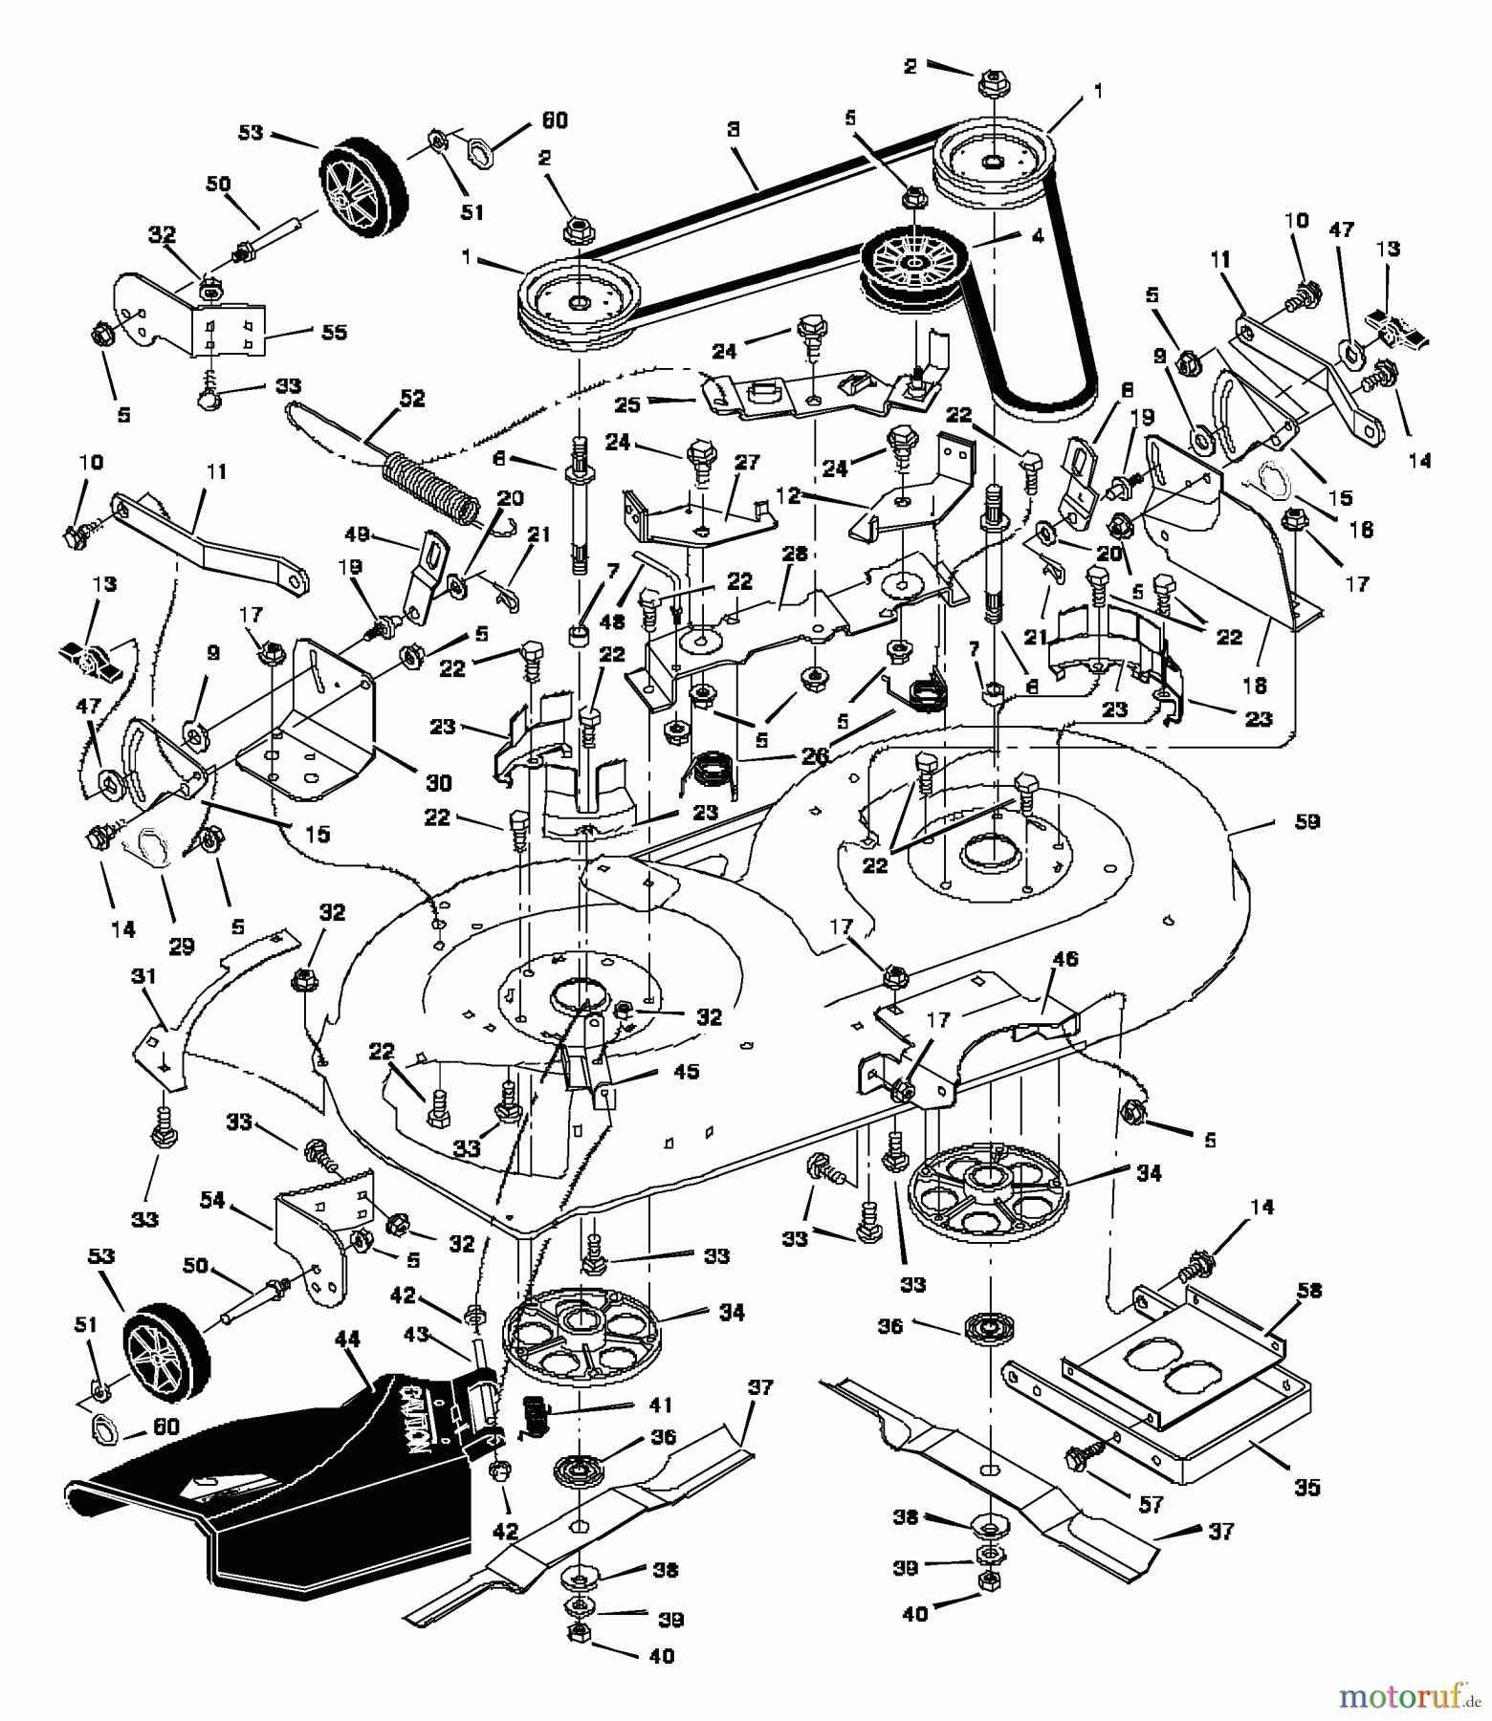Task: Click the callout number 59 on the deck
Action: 1306,821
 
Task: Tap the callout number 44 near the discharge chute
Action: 348,1340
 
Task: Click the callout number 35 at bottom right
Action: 1306,1487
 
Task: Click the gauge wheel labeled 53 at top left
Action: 363,186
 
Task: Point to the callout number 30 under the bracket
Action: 438,782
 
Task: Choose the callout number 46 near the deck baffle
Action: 1064,958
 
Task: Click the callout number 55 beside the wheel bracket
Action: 334,332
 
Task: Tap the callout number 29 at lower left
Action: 181,947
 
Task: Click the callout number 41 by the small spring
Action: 660,1405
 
